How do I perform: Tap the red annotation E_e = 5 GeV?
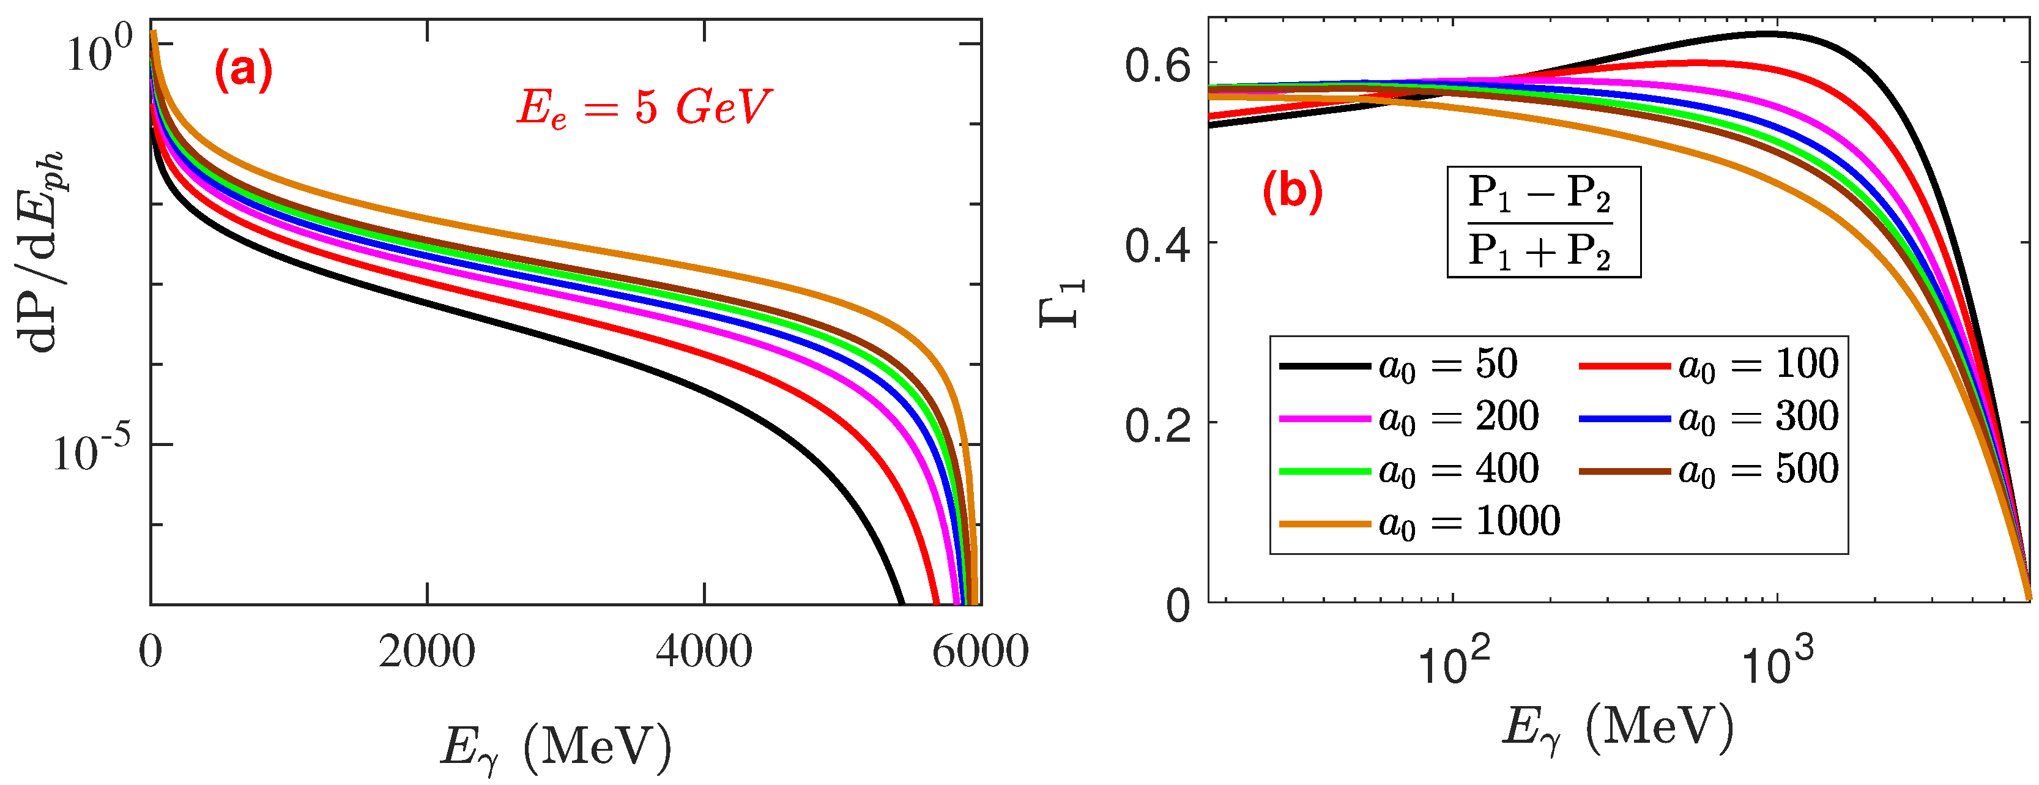click(x=643, y=108)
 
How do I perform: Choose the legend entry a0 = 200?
click(x=1409, y=417)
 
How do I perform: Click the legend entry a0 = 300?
click(x=1708, y=417)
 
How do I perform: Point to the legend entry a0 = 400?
click(x=1409, y=470)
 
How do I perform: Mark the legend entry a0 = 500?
click(x=1708, y=470)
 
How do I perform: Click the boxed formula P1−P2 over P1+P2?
click(x=1543, y=221)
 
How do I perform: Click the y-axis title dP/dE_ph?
click(x=41, y=250)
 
